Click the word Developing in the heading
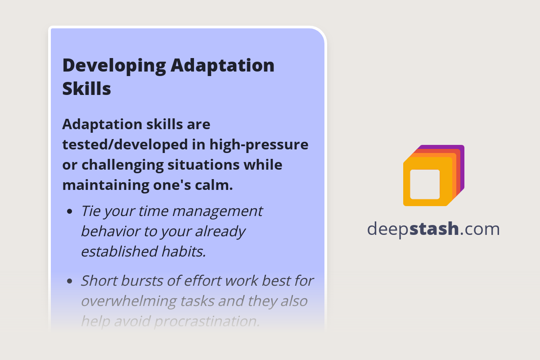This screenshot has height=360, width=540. pyautogui.click(x=113, y=66)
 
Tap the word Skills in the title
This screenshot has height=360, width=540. pyautogui.click(x=86, y=89)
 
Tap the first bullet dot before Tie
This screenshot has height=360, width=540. pyautogui.click(x=69, y=211)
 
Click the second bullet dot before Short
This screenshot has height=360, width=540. pyautogui.click(x=69, y=281)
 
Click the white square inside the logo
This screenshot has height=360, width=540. pyautogui.click(x=425, y=184)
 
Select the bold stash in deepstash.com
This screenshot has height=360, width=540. pyautogui.click(x=434, y=229)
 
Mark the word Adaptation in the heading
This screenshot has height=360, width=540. pyautogui.click(x=223, y=66)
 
